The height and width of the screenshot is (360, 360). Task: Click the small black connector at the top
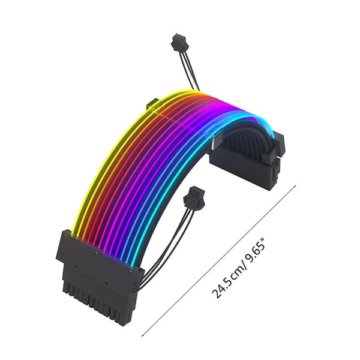click(x=179, y=42)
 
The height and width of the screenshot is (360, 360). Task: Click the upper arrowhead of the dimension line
click(x=295, y=186)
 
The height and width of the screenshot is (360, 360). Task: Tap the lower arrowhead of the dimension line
click(x=143, y=334)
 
